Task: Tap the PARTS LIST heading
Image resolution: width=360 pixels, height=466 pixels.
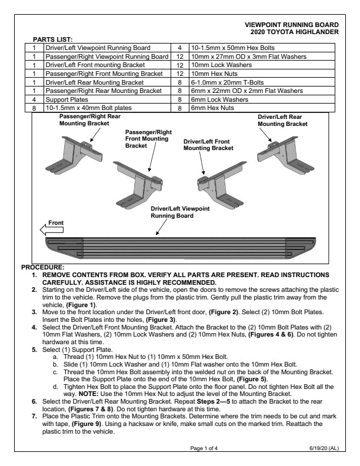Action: click(56, 39)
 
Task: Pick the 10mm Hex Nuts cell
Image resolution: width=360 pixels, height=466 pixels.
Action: click(212, 74)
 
